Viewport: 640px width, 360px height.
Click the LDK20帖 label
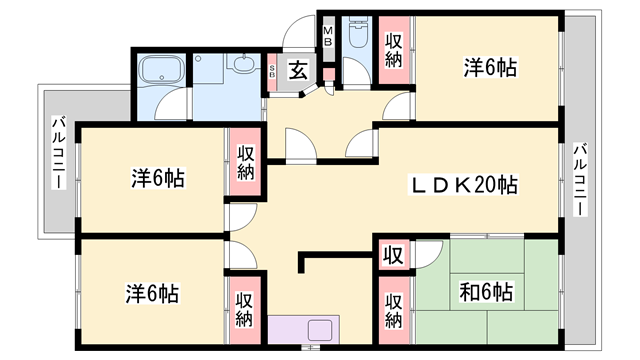pos(464,185)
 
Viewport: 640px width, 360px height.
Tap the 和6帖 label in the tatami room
pos(486,292)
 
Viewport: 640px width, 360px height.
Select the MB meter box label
pos(329,36)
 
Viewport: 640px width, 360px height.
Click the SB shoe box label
pos(272,72)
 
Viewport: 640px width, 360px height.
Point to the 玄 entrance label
pos(298,70)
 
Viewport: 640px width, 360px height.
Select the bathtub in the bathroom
pos(162,69)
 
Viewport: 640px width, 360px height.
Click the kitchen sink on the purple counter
pos(320,330)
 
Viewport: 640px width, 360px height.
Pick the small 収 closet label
pos(393,255)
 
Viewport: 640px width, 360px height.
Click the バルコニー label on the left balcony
pos(59,153)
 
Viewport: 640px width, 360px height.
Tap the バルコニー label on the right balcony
pos(580,179)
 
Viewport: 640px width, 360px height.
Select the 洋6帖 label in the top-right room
pos(490,67)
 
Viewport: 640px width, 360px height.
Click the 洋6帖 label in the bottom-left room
pos(152,293)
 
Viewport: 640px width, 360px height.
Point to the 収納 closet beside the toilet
pos(393,50)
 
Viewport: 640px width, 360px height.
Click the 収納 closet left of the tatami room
pos(393,311)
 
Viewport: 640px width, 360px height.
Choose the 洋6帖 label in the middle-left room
pos(158,178)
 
